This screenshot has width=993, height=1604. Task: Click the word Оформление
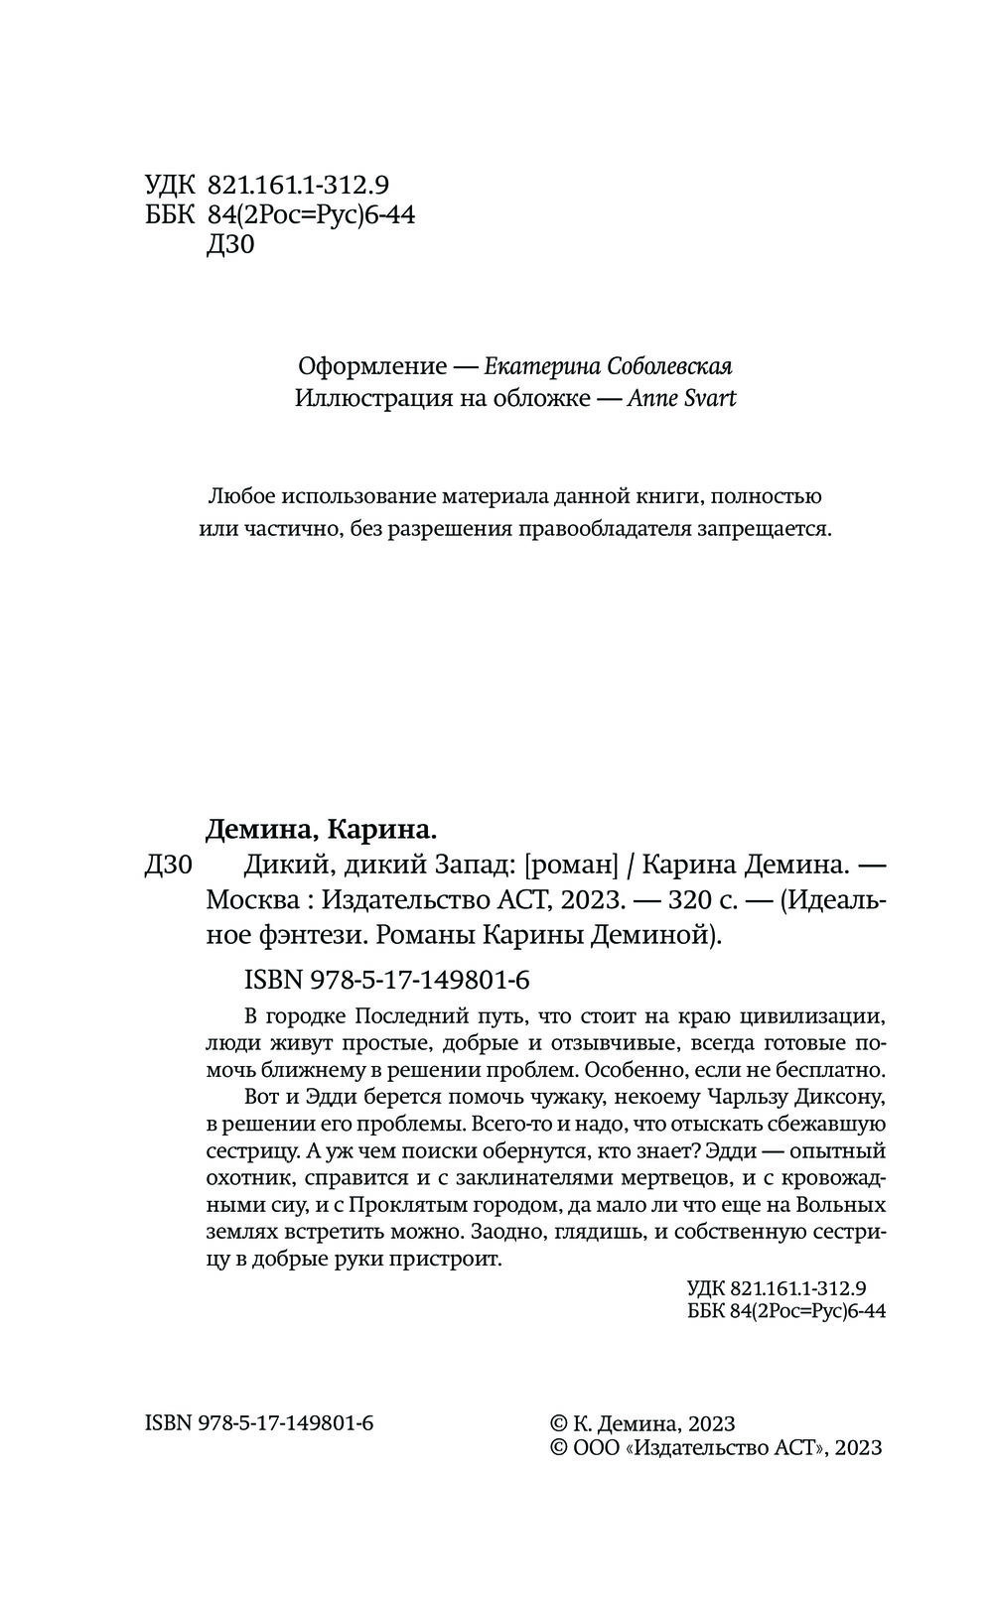pos(372,366)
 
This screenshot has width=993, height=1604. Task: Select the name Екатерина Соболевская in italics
pos(608,366)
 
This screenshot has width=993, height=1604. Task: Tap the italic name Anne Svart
pos(683,399)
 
